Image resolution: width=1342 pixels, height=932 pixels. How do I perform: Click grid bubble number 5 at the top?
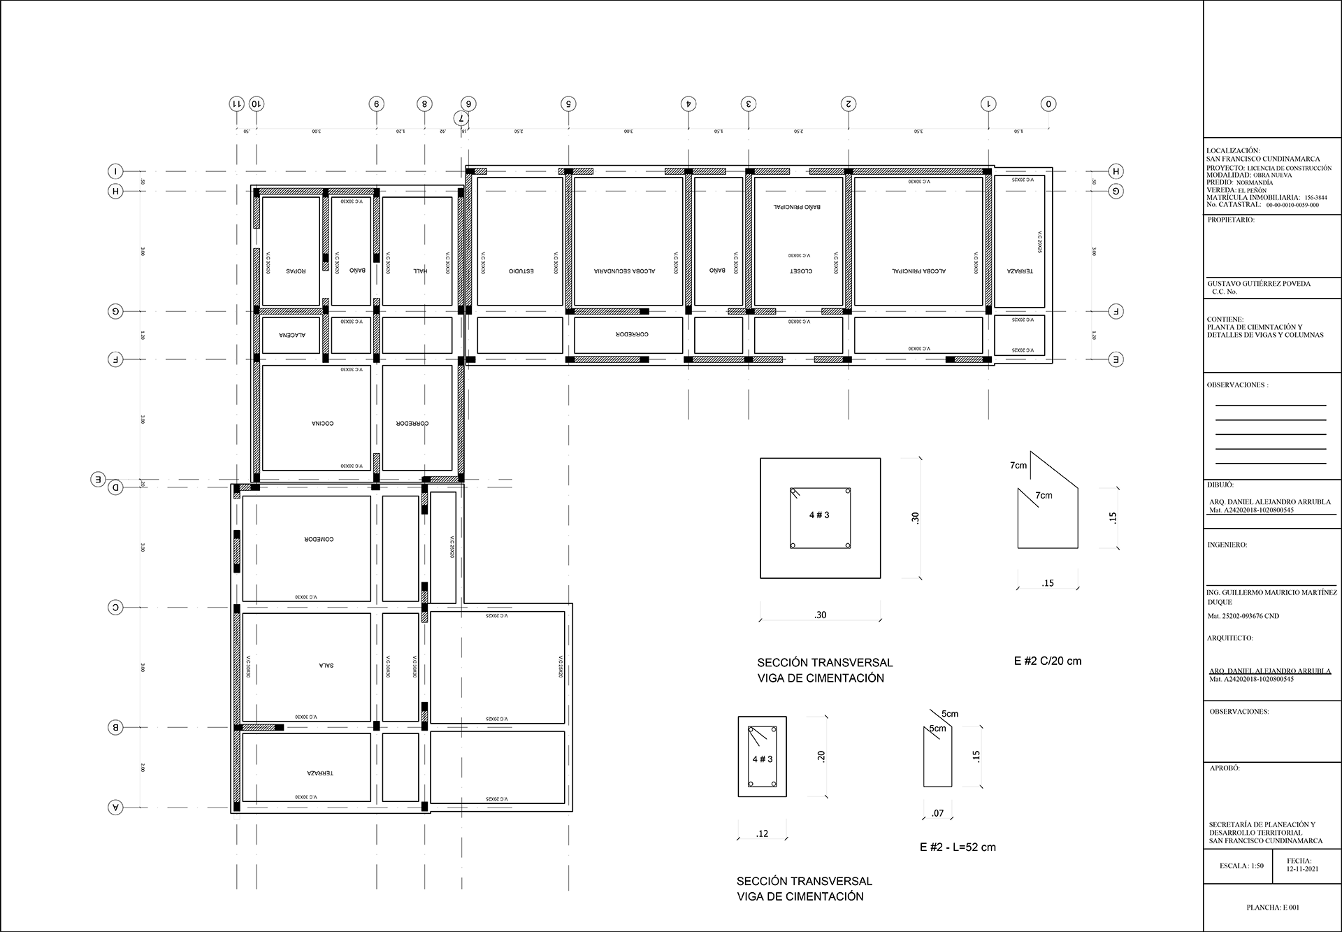[x=568, y=104]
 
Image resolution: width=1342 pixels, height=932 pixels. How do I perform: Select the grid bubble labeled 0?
[x=1048, y=104]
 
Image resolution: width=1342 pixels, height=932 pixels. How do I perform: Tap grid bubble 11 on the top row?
[x=237, y=104]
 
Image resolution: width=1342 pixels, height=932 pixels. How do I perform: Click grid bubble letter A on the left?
[x=116, y=808]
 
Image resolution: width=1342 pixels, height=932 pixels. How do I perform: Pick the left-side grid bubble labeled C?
[x=116, y=608]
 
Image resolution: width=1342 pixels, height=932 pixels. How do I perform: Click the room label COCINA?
[x=322, y=424]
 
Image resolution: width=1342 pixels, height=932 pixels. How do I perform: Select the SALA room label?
[x=326, y=666]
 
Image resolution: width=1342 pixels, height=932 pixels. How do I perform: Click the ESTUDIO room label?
[x=521, y=271]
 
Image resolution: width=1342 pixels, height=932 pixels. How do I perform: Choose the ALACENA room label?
[x=292, y=335]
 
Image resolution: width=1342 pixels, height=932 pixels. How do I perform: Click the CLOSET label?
[x=800, y=271]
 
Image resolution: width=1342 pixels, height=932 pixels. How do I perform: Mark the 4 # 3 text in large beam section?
[x=819, y=515]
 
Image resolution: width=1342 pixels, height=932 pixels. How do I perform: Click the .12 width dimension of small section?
[x=762, y=833]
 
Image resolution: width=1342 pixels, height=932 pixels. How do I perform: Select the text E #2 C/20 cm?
[x=1047, y=661]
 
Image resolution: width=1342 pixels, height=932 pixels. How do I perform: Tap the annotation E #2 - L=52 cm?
[x=958, y=847]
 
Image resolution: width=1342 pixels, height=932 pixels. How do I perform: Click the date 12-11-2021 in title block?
[x=1301, y=869]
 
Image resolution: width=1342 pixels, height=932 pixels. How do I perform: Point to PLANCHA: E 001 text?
[x=1273, y=908]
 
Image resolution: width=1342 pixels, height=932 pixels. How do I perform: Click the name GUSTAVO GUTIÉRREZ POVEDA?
[x=1259, y=284]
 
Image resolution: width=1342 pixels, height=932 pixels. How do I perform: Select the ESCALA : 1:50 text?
[x=1241, y=866]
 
